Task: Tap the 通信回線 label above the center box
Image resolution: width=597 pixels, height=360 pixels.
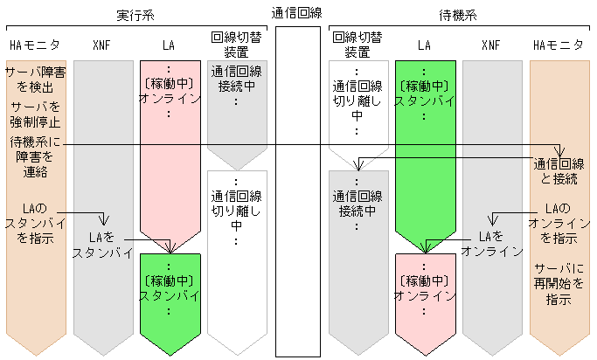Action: click(x=298, y=13)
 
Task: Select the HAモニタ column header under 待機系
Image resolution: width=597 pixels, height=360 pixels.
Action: click(x=559, y=45)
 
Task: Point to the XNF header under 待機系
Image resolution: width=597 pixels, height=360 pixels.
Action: click(x=492, y=45)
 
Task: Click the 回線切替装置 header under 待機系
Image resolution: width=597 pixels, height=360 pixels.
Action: click(x=357, y=45)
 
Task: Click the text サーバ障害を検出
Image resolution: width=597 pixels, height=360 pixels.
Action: click(x=34, y=80)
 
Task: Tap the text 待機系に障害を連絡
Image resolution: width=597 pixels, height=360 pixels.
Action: click(x=33, y=157)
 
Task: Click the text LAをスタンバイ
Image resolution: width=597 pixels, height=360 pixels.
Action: click(x=102, y=246)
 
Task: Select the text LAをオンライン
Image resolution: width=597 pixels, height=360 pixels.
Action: click(x=492, y=244)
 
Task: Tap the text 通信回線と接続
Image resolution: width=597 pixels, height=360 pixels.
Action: click(x=559, y=172)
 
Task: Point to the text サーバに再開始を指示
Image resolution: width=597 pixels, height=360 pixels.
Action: click(x=559, y=283)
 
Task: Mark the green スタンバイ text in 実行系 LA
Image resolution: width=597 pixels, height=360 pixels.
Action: click(x=170, y=295)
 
